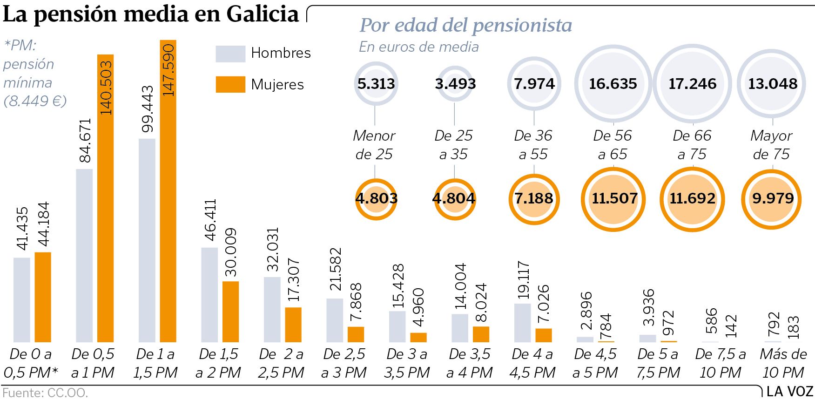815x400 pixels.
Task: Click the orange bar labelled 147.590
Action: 168,191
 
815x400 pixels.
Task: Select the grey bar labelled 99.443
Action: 147,240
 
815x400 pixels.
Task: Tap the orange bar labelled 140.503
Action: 105,198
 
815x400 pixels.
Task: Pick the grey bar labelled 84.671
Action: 84,255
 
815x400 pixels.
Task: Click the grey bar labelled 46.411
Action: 209,295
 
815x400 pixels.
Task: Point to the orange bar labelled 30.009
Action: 230,312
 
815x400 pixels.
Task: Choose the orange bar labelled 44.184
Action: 43,297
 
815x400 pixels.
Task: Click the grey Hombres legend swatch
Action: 230,54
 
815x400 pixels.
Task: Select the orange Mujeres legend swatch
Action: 230,84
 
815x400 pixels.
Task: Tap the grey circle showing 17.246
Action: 692,84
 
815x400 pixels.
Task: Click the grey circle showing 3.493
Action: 455,84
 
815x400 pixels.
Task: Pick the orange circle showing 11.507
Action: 613,199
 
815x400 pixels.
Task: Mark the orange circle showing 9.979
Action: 772,199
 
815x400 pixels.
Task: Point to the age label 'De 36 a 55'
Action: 533,145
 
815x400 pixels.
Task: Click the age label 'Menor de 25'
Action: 374,145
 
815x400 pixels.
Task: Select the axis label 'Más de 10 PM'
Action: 783,363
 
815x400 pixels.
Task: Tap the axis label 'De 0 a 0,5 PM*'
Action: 31,363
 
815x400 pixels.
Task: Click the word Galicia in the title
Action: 263,14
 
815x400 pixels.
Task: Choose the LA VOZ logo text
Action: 789,391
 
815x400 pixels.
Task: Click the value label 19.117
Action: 523,279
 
